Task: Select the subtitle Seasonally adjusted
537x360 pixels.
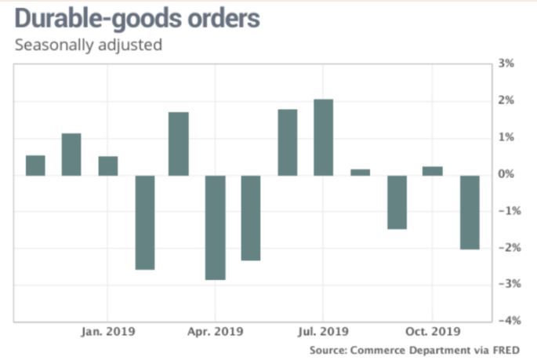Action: tap(89, 45)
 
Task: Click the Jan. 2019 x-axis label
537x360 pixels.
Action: tap(107, 332)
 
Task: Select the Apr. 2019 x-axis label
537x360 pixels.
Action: tap(215, 332)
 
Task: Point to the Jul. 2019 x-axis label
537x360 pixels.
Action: tap(323, 332)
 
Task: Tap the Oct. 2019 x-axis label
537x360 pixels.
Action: tap(431, 332)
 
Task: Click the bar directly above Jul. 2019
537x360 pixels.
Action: tap(323, 137)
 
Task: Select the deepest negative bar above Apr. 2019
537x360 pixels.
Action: tap(215, 227)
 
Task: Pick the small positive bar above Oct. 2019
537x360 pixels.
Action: tap(432, 170)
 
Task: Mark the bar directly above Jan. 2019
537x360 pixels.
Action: tap(107, 165)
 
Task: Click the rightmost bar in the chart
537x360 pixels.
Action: tap(470, 212)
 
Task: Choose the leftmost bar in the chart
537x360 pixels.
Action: tap(35, 165)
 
